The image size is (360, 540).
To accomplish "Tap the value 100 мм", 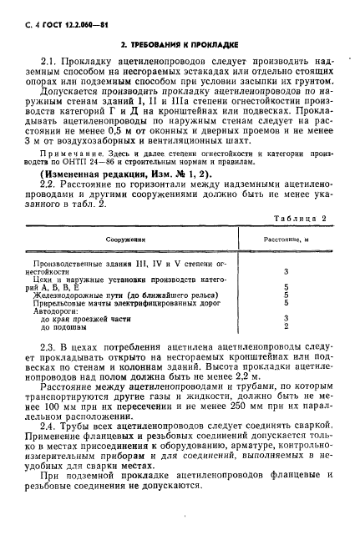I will pos(73,412).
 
